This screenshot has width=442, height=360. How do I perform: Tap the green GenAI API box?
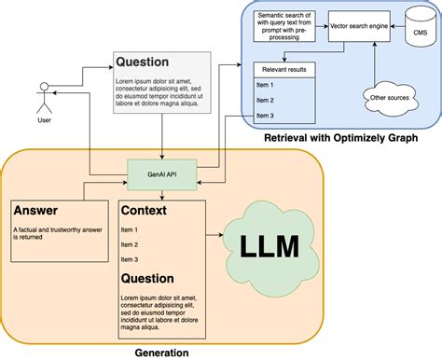(x=162, y=173)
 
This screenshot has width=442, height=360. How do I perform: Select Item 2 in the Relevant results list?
(x=265, y=99)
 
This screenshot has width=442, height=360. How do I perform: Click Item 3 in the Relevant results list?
(x=265, y=115)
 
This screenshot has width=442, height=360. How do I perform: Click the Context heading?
(x=145, y=211)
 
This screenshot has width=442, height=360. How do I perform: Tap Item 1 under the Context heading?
(x=130, y=228)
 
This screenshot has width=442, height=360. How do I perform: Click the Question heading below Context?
(x=147, y=277)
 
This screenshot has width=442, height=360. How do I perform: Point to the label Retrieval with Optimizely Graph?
(x=341, y=139)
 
